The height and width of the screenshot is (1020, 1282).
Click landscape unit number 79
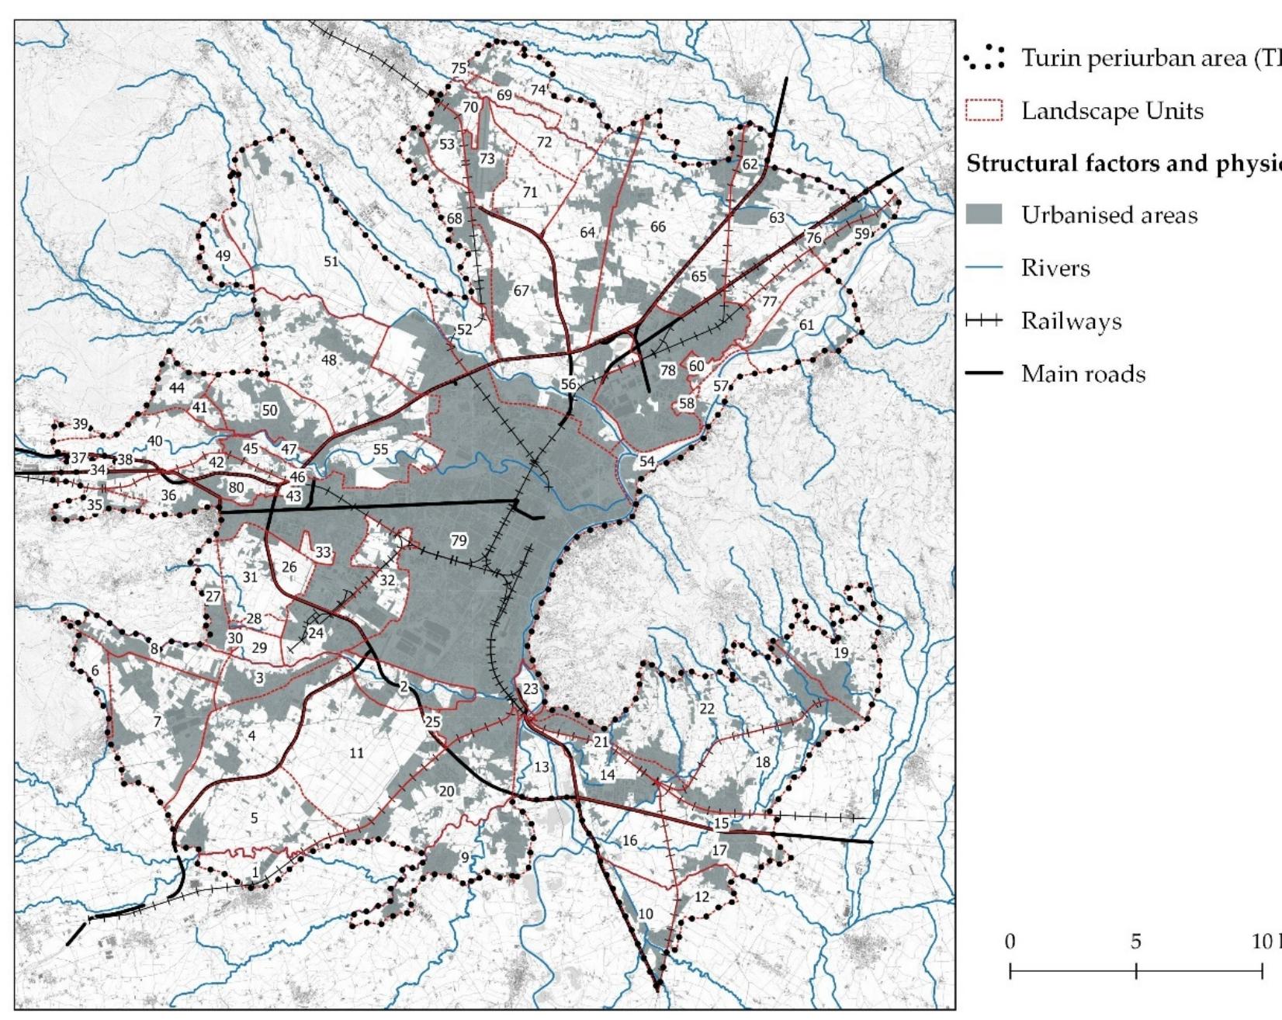(459, 540)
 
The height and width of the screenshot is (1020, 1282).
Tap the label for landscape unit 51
(331, 262)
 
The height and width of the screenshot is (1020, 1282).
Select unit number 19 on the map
(840, 654)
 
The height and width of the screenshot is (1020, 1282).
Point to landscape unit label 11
(356, 752)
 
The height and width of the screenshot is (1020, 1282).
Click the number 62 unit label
(749, 165)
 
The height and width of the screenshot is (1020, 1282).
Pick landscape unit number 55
(380, 449)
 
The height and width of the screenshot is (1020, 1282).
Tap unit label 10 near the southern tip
(645, 914)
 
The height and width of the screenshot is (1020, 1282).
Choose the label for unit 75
(459, 68)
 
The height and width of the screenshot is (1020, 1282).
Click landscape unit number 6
(95, 671)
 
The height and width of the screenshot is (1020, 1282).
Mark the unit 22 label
(706, 708)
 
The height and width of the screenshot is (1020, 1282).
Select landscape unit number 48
(329, 360)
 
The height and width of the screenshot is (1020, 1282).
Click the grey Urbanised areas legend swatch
(983, 215)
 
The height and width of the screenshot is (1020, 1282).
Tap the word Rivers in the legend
(1055, 269)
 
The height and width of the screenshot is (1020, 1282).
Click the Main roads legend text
(1083, 374)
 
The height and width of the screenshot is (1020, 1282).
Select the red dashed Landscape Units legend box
(983, 110)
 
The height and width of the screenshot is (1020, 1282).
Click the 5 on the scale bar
(1135, 942)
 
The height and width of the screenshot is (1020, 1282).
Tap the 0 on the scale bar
(1010, 942)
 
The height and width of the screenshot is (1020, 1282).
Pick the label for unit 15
(722, 824)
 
